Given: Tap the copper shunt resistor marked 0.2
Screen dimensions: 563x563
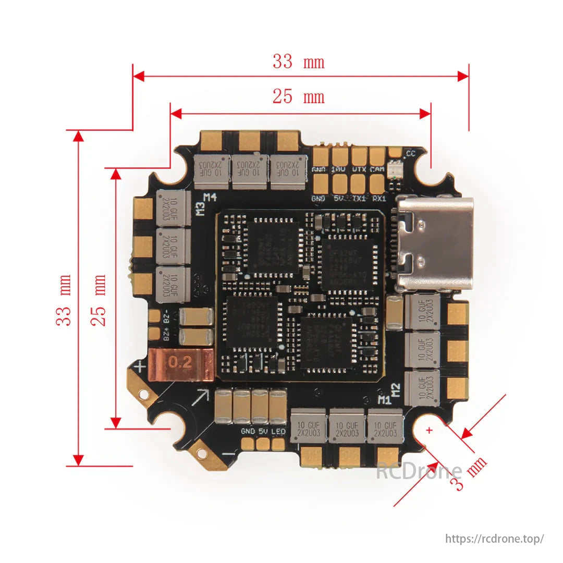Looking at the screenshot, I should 181,363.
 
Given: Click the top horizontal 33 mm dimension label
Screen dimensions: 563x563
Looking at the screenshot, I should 298,62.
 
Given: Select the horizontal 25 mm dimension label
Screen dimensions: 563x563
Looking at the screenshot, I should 298,96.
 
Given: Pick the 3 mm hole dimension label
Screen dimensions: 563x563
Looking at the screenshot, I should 470,473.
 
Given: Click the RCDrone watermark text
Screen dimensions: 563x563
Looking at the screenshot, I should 419,472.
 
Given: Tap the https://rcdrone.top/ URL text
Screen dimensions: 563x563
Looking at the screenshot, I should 494,538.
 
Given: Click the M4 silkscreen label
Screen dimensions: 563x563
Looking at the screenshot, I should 210,197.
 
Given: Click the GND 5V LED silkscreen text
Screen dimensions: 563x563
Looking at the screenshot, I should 263,432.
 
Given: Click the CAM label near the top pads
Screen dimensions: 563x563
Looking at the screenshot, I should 377,169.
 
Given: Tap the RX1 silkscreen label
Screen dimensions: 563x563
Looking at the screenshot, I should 379,199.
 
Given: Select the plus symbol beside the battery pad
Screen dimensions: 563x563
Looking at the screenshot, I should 140,368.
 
